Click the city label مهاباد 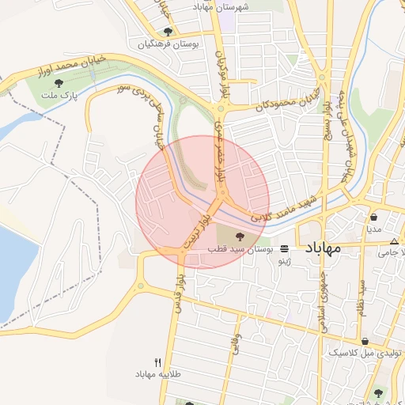[x=321, y=248]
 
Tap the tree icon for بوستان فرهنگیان [x=168, y=32]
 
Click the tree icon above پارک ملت [x=58, y=82]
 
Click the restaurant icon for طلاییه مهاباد [x=158, y=361]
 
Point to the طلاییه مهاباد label [x=153, y=373]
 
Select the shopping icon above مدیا [x=373, y=216]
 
